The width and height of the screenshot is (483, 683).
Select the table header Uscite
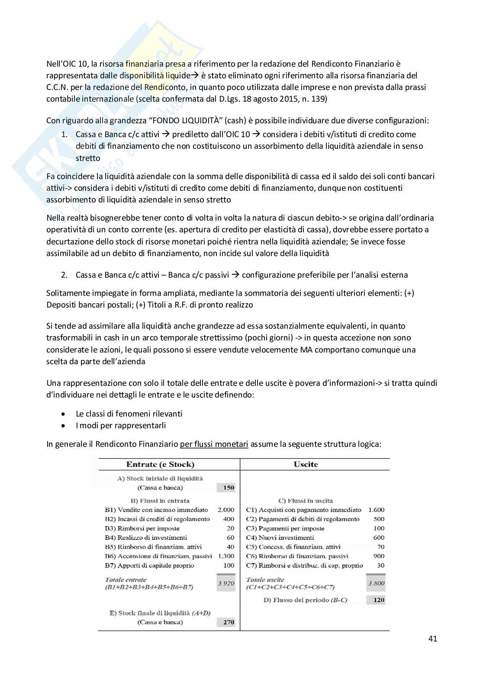(x=306, y=464)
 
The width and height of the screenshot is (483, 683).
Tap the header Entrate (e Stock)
(x=160, y=464)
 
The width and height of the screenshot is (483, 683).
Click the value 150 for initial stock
(x=228, y=487)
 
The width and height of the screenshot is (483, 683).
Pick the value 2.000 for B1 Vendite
(x=225, y=510)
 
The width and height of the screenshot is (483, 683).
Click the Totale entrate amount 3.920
(x=225, y=583)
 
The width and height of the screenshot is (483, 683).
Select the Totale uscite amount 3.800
(x=376, y=583)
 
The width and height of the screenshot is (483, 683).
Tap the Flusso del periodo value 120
(x=379, y=600)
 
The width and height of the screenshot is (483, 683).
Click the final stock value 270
(x=228, y=622)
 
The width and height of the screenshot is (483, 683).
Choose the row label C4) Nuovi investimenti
(x=280, y=537)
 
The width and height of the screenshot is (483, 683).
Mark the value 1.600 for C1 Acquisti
(x=376, y=510)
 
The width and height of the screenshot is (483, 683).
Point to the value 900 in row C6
(x=379, y=556)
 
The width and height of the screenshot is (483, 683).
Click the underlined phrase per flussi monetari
(x=214, y=444)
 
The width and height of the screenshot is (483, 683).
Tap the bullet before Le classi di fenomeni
(x=64, y=414)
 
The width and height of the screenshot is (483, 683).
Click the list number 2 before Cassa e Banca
(x=64, y=275)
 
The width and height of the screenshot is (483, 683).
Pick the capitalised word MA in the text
(x=306, y=350)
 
